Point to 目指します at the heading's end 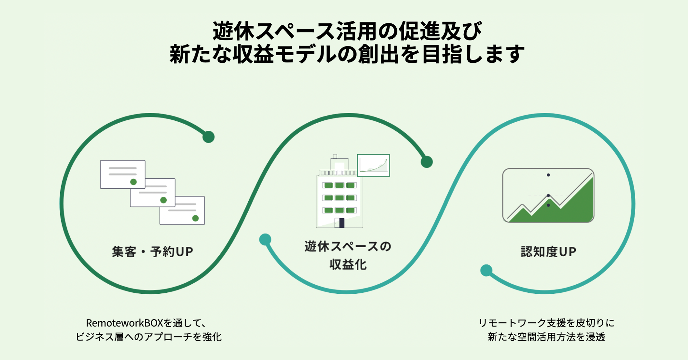click(473, 54)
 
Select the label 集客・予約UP click(152, 252)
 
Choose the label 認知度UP click(548, 252)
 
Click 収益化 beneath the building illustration click(348, 264)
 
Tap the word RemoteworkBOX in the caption click(124, 323)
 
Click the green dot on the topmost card click(134, 182)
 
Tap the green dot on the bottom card click(195, 218)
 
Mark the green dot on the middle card click(163, 200)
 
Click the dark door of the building click(341, 223)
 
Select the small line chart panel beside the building click(373, 165)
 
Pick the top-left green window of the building click(329, 185)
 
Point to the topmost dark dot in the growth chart click(548, 175)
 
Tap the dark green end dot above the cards click(209, 137)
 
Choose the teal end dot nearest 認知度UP click(486, 270)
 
